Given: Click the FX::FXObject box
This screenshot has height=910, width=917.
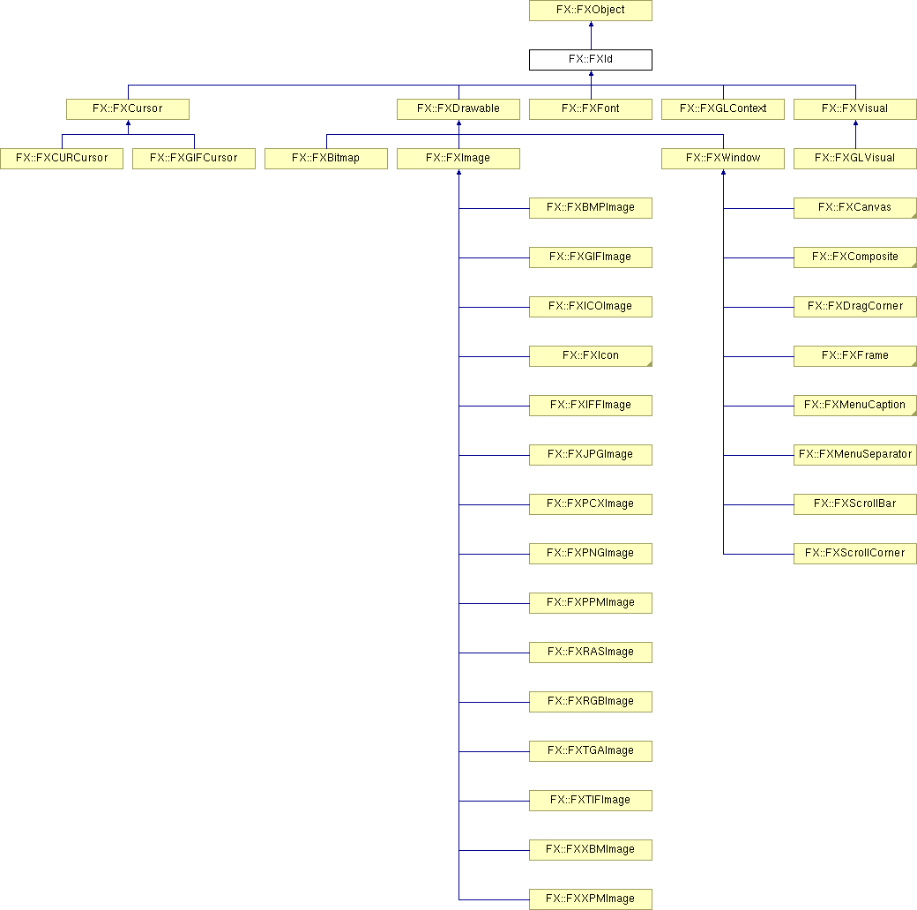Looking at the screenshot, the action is point(591,11).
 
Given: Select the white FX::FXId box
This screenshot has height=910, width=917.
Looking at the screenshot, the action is point(591,60).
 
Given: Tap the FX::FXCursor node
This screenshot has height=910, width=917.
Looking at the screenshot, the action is point(128,109).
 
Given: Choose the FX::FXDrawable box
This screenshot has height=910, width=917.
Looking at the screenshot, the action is point(458,109).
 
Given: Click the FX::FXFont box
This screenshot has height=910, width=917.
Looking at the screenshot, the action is point(591,109).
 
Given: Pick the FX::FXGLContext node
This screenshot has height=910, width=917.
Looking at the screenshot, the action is point(723,109).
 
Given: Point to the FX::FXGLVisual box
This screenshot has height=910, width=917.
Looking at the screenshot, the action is point(855,159).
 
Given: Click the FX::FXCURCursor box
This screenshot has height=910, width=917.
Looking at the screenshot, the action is point(62,159).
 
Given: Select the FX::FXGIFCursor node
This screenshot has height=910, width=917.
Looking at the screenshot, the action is point(194,159).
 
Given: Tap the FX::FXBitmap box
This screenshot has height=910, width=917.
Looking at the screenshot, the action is point(326,159).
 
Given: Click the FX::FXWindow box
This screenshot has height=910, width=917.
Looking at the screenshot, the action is point(723,159).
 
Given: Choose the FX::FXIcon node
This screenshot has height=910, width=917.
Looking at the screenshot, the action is point(591,356).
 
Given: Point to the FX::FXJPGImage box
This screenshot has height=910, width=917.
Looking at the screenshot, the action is point(591,455).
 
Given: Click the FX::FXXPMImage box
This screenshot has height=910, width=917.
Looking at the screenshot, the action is point(591,899).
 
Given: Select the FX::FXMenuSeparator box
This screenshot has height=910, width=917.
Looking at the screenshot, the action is point(855,455).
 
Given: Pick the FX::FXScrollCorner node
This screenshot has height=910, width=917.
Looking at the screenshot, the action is point(855,554).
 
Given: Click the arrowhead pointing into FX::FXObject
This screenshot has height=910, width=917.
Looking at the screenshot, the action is point(592,24).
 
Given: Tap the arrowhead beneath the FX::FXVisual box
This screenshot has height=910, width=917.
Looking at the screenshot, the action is point(855,123).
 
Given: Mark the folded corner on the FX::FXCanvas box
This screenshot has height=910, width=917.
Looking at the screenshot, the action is point(914,216).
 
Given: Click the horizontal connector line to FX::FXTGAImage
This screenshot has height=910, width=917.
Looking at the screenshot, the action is point(494,751).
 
